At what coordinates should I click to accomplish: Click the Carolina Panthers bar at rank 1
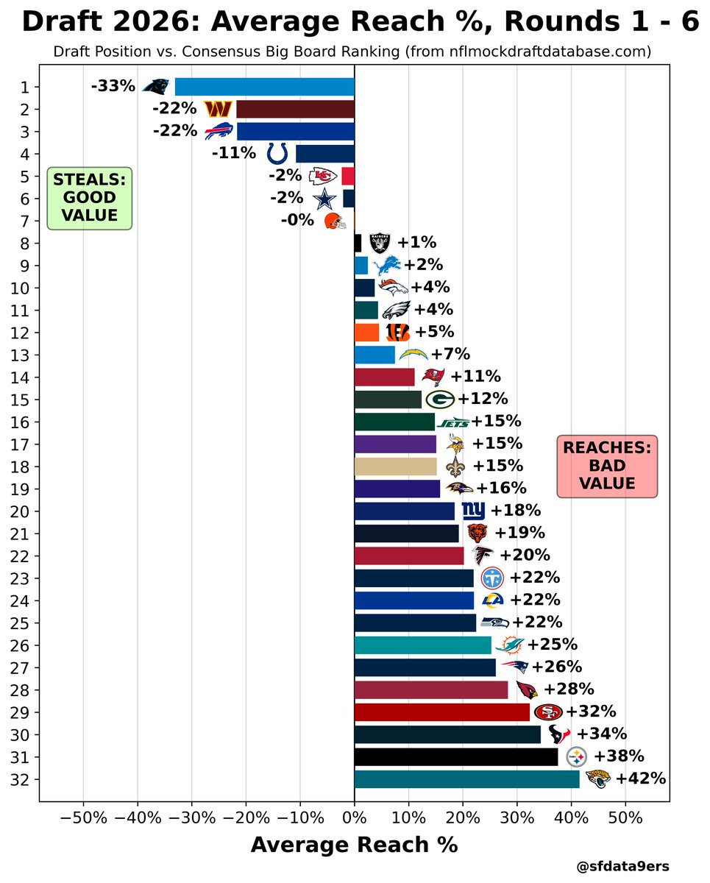point(264,87)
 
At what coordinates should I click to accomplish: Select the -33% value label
point(113,87)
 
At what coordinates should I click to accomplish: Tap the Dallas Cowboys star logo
point(324,199)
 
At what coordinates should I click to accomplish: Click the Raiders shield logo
point(380,243)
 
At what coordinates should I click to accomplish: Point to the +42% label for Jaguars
point(640,779)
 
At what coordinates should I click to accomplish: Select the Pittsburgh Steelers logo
point(577,756)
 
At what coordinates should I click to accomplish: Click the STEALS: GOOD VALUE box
point(89,198)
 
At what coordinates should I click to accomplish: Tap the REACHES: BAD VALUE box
point(606,466)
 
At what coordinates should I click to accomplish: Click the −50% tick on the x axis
point(82,818)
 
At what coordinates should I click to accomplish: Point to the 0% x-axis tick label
point(354,818)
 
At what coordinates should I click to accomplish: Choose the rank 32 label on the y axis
point(23,779)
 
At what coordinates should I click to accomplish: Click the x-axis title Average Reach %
point(354,845)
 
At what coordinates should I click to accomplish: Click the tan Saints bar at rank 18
point(395,467)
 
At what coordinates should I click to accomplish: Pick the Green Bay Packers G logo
point(440,400)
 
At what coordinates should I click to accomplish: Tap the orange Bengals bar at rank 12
point(366,333)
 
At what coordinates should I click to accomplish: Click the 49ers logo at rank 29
point(548,712)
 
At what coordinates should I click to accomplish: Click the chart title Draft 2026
point(360,22)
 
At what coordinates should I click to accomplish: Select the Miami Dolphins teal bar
point(422,645)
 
